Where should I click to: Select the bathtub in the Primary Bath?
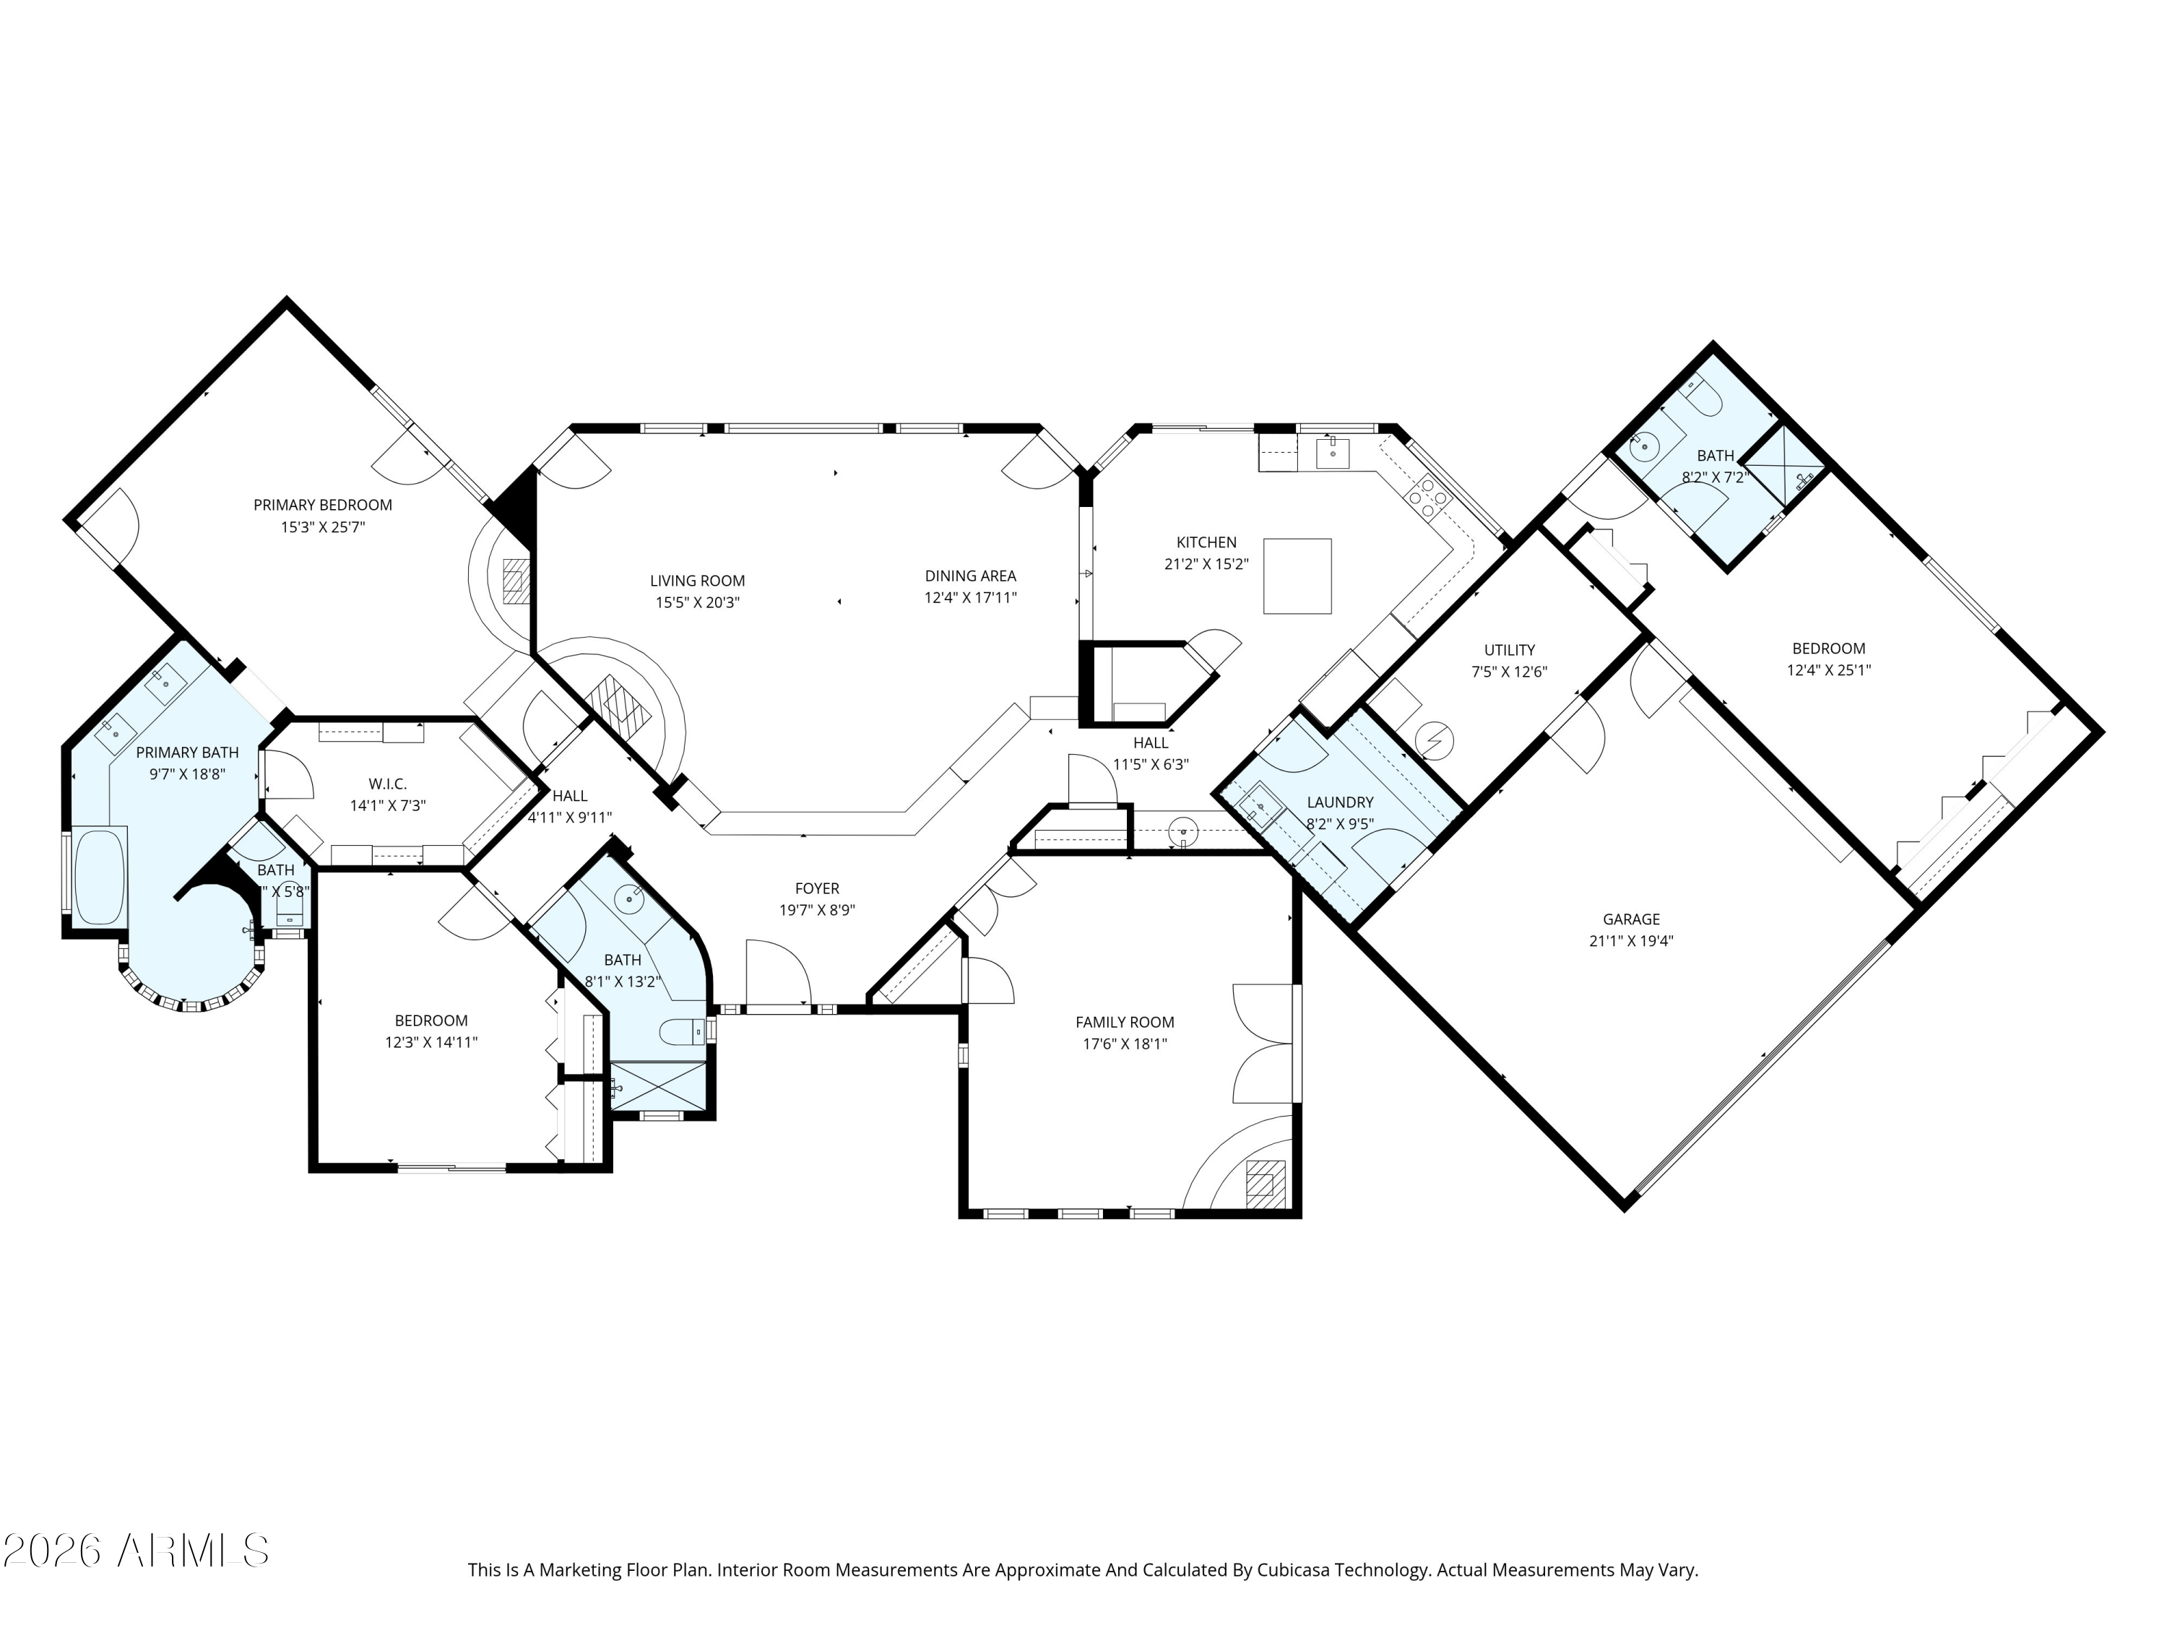[100, 877]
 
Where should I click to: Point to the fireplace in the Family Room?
[1266, 1180]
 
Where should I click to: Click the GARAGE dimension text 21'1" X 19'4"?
[1631, 941]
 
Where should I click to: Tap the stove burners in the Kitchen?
[1428, 498]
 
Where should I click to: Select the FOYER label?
[817, 888]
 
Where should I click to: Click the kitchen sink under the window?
[1332, 454]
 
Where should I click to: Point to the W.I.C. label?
[387, 784]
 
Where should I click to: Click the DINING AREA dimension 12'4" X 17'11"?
[971, 597]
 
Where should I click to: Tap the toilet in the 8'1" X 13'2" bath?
[680, 1031]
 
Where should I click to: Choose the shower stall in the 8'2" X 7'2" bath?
[1787, 467]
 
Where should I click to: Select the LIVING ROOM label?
[698, 581]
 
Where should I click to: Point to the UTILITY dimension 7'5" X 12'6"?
[1509, 672]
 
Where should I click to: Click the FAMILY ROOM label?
[1125, 1022]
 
